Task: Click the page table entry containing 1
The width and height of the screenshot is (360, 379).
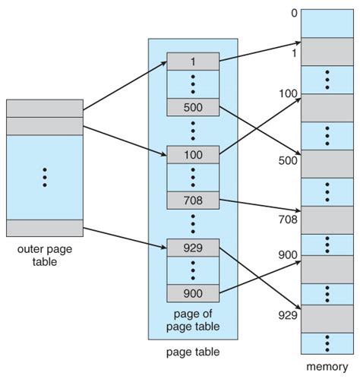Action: pyautogui.click(x=193, y=62)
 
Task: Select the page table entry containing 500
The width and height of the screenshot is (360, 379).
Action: pyautogui.click(x=193, y=107)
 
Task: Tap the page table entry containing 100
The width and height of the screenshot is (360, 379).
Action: pyautogui.click(x=193, y=155)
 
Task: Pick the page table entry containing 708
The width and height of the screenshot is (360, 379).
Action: pyautogui.click(x=193, y=201)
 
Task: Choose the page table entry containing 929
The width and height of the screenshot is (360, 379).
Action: pyautogui.click(x=193, y=248)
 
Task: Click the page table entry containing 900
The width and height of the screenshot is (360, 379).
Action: pyautogui.click(x=193, y=293)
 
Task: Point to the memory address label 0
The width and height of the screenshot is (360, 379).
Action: pyautogui.click(x=294, y=13)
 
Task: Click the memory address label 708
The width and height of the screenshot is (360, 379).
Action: pyautogui.click(x=288, y=220)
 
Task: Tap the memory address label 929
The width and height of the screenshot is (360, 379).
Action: pyautogui.click(x=288, y=315)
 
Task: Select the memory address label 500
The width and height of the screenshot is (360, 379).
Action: pyautogui.click(x=288, y=160)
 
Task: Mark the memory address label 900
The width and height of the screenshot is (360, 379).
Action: pyautogui.click(x=288, y=254)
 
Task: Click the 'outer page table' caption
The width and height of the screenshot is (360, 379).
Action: pyautogui.click(x=45, y=255)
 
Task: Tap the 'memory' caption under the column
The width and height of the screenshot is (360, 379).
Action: pyautogui.click(x=327, y=367)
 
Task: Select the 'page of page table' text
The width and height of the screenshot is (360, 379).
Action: pyautogui.click(x=193, y=320)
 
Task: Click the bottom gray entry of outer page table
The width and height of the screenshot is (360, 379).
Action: pyautogui.click(x=45, y=228)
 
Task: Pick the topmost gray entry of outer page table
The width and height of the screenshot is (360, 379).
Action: pyautogui.click(x=45, y=109)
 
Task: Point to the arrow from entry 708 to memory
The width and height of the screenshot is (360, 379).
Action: pyautogui.click(x=260, y=205)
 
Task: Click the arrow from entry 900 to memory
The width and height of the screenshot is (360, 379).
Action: pyautogui.click(x=260, y=277)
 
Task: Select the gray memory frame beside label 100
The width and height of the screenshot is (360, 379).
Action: pyautogui.click(x=327, y=108)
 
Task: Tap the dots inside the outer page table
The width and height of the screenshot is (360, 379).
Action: pyautogui.click(x=45, y=177)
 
